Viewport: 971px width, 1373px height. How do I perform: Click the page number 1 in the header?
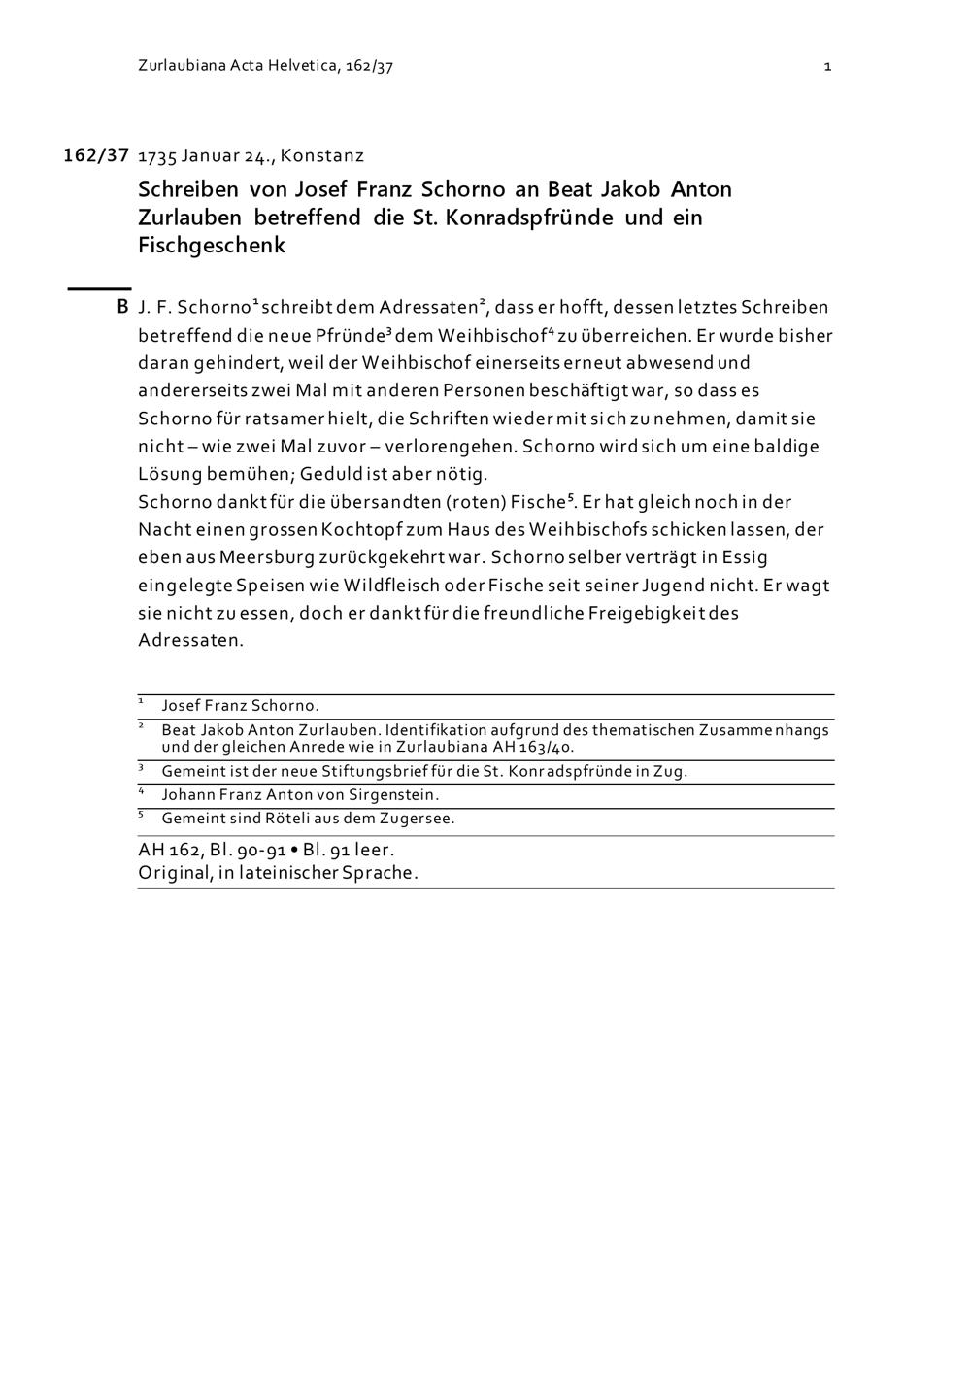click(827, 66)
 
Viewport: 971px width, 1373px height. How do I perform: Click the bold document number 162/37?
click(96, 155)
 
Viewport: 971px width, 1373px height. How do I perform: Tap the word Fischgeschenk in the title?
click(212, 245)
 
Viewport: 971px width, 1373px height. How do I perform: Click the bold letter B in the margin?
click(122, 307)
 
